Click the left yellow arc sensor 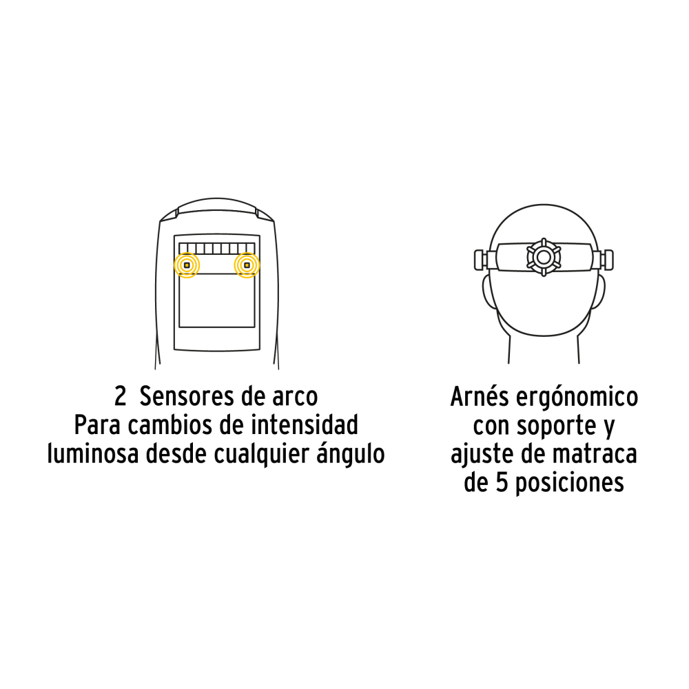click(187, 265)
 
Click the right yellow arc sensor click(247, 265)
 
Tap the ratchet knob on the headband click(544, 257)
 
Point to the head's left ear click(487, 291)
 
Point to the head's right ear click(600, 291)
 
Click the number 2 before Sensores click(120, 396)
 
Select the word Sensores click(181, 396)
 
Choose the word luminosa click(93, 453)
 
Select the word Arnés click(480, 396)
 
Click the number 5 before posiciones click(502, 482)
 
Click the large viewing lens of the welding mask click(216, 300)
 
